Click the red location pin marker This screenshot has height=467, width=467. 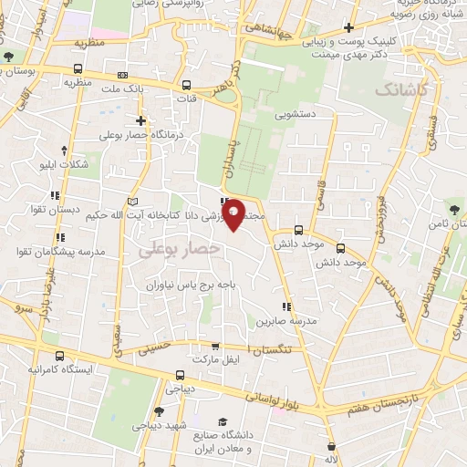pos(233,213)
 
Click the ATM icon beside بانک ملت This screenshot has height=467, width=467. pos(122,76)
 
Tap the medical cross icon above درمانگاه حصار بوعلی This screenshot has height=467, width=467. pos(140,120)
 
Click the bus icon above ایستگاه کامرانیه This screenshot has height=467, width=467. pos(59,357)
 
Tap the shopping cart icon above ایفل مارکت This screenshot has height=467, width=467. pos(215,347)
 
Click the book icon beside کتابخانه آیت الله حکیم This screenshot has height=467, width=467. pos(133,201)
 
